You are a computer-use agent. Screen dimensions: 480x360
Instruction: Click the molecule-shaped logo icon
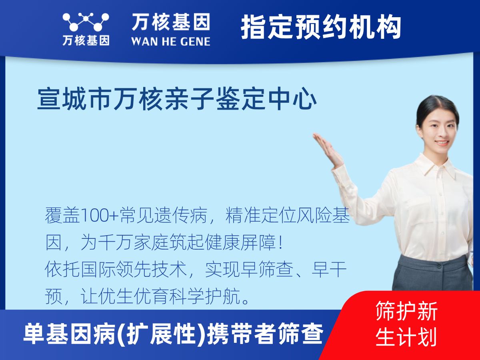[x=86, y=22]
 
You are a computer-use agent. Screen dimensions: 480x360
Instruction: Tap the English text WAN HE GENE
[x=171, y=42]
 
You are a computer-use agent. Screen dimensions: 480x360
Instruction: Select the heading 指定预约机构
[x=321, y=27]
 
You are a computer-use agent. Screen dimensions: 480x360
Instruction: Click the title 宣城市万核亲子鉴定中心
[x=177, y=99]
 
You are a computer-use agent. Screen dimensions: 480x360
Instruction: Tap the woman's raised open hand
[x=327, y=149]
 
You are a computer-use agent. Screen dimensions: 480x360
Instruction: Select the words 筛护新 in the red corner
[x=406, y=311]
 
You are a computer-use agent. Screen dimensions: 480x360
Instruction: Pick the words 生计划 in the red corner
[x=406, y=337]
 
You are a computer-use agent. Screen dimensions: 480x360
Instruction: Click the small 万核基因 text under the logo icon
[x=86, y=40]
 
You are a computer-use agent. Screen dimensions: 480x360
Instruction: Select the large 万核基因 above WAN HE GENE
[x=171, y=22]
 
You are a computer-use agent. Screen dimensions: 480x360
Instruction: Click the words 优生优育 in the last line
[x=134, y=297]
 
